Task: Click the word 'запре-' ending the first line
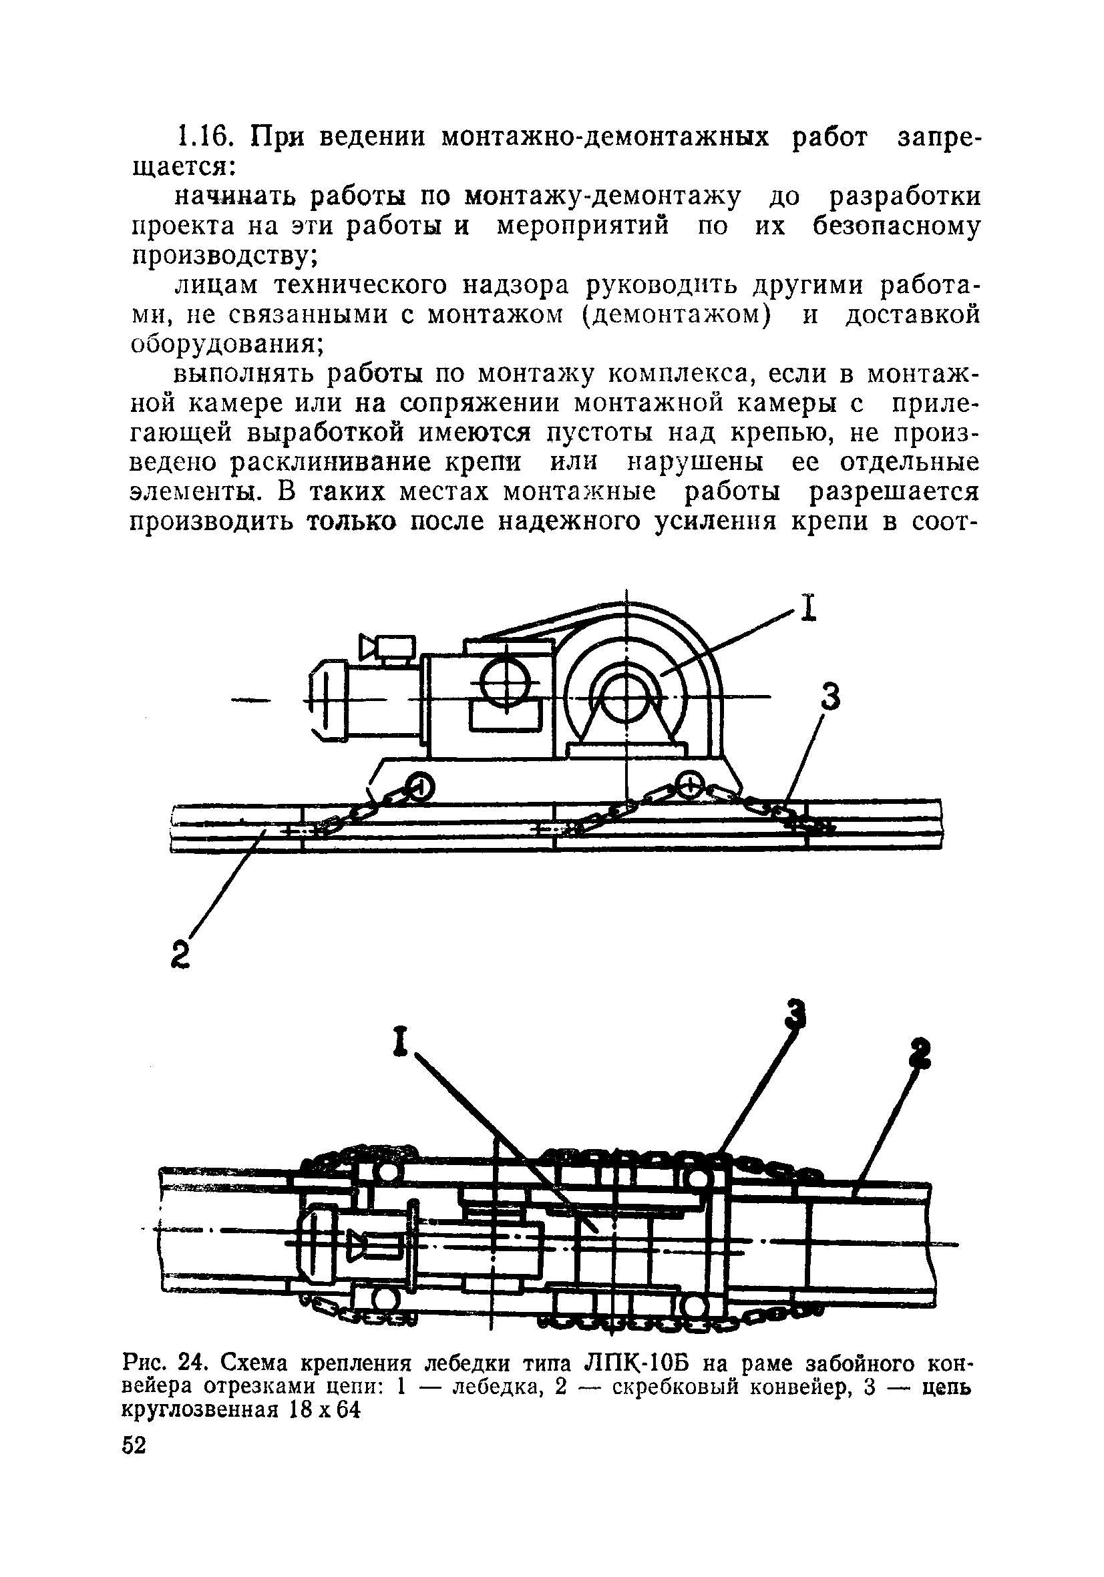pos(939,138)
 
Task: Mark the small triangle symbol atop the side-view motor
pos(369,646)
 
